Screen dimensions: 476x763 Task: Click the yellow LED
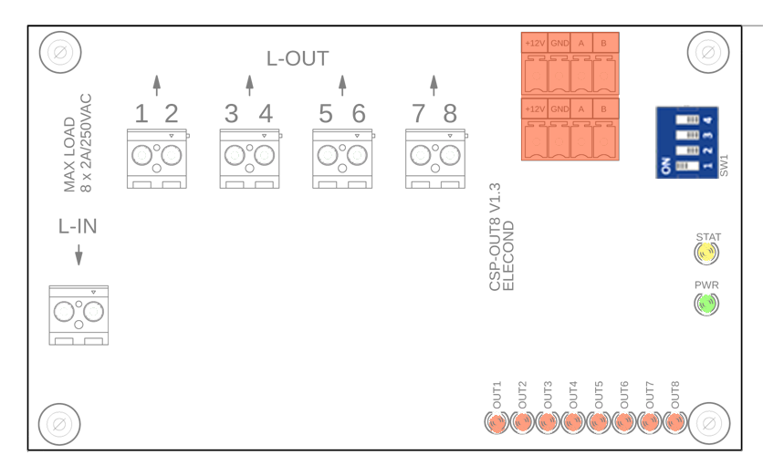tap(706, 252)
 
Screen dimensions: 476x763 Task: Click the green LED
tap(707, 303)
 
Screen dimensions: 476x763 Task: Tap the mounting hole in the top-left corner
tap(60, 52)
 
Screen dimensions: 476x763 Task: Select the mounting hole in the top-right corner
tap(708, 52)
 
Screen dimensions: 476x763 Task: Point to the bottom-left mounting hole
tap(58, 423)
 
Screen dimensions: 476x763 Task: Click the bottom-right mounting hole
tap(709, 423)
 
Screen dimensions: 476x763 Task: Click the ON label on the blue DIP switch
tap(665, 166)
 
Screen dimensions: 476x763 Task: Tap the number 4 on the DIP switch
tap(707, 119)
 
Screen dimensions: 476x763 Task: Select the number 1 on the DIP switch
tap(707, 166)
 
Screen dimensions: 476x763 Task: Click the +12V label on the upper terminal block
tap(536, 43)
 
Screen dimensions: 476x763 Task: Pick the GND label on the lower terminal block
tap(559, 109)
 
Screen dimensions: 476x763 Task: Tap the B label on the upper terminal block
tap(603, 43)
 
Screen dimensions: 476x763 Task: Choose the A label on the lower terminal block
tap(581, 109)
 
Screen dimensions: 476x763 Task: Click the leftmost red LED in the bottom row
tap(496, 423)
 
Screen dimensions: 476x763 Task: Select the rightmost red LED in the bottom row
tap(675, 422)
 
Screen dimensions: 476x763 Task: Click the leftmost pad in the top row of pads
tap(141, 155)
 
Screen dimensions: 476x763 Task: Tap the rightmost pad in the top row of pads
tap(450, 155)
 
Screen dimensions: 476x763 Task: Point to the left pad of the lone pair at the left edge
tap(64, 312)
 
